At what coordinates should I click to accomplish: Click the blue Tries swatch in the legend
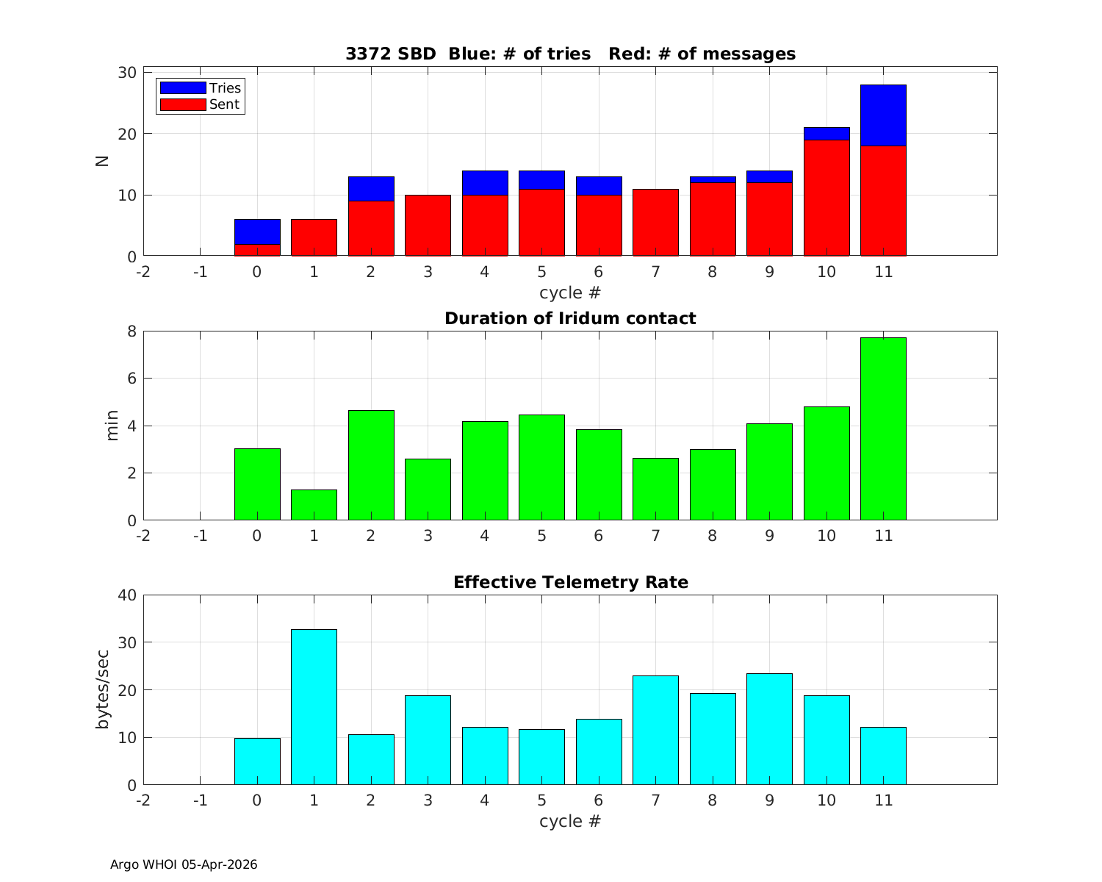(x=183, y=87)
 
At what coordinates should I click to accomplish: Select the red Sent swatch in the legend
(x=183, y=104)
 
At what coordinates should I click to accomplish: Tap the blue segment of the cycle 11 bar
(x=883, y=115)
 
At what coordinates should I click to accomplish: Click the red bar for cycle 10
(x=826, y=198)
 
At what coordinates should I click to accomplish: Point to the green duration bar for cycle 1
(x=314, y=505)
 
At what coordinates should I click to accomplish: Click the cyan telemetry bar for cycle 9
(x=769, y=729)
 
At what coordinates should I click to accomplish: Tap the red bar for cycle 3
(x=428, y=226)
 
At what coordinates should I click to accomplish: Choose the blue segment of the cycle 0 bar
(x=257, y=232)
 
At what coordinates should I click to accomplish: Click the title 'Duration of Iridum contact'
(x=570, y=318)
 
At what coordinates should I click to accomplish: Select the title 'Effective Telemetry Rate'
(x=570, y=582)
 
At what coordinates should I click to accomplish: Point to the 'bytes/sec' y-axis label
(x=103, y=689)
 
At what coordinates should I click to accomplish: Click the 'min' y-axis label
(x=112, y=426)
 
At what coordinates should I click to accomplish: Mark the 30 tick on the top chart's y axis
(x=128, y=72)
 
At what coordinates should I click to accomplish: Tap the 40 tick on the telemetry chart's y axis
(x=128, y=595)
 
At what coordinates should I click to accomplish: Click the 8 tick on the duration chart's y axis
(x=132, y=331)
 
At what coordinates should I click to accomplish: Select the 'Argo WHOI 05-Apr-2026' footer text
(x=184, y=864)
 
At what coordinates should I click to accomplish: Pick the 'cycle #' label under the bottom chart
(x=570, y=821)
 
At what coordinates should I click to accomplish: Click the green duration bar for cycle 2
(x=371, y=465)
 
